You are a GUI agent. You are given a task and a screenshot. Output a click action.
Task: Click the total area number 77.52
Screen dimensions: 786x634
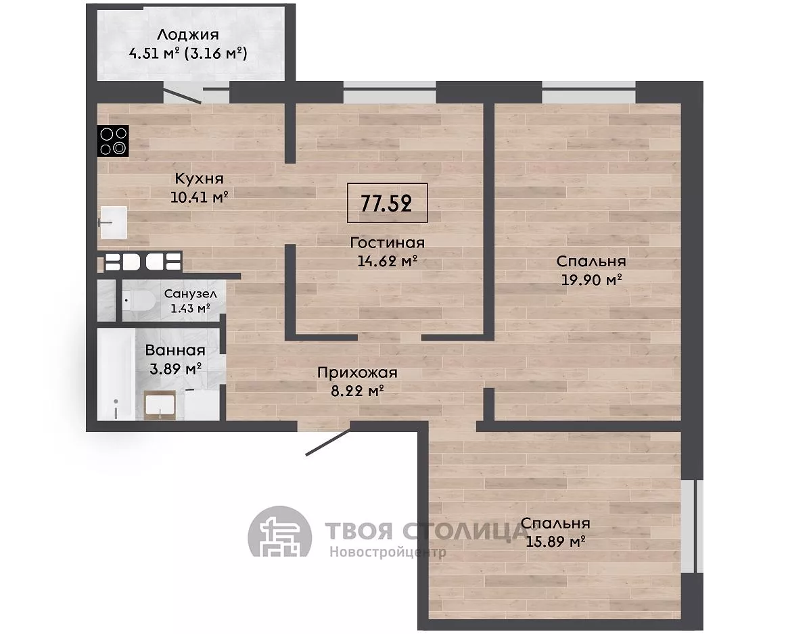click(386, 203)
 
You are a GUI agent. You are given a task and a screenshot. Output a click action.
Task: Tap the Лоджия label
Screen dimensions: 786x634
click(188, 35)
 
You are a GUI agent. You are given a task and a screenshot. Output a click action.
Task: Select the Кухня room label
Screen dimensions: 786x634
click(199, 178)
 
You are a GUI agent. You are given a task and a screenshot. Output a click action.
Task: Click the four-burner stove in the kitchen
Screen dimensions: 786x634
click(113, 140)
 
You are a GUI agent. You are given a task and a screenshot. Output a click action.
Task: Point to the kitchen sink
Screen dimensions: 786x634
click(113, 222)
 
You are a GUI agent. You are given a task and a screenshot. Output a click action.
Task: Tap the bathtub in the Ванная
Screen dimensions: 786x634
click(115, 374)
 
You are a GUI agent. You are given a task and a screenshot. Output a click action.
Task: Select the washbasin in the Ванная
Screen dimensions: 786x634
click(160, 405)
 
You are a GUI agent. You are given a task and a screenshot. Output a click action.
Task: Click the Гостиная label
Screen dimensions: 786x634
click(388, 243)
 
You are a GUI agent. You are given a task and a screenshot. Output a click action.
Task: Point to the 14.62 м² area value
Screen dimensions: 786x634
click(388, 261)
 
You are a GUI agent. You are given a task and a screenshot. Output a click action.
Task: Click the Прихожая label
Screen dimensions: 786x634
click(357, 372)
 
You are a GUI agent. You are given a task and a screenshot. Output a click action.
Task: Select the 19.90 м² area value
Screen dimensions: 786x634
click(591, 279)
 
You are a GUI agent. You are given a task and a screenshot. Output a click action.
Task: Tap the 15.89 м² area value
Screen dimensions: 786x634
click(556, 541)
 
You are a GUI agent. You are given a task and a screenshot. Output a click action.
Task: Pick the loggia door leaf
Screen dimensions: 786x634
click(183, 96)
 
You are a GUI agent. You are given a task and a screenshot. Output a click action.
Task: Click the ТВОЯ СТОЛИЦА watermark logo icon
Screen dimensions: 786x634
click(280, 538)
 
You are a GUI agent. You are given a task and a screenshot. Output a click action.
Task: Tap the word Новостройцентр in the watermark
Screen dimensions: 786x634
click(388, 552)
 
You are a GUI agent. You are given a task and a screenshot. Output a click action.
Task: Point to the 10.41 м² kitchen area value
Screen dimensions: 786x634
click(200, 197)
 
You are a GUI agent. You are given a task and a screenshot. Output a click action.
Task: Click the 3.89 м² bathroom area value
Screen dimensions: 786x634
click(175, 369)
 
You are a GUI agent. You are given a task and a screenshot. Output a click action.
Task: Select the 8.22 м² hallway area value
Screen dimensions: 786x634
click(357, 391)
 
